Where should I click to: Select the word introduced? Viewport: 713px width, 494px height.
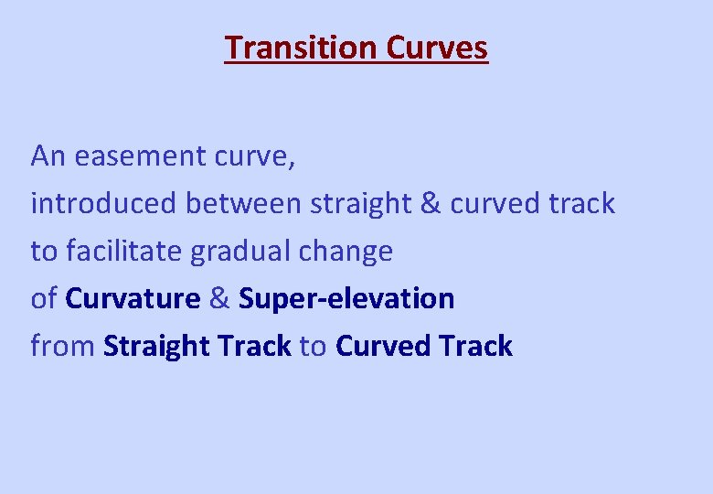pos(104,203)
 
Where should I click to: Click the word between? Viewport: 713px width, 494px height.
pos(243,203)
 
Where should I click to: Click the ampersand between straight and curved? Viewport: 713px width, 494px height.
pos(430,203)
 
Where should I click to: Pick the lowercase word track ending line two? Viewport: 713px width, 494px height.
pos(582,203)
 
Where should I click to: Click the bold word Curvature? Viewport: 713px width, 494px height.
pos(133,298)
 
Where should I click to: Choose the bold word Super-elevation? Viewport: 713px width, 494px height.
pos(346,299)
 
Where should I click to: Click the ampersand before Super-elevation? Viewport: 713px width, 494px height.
pos(219,298)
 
